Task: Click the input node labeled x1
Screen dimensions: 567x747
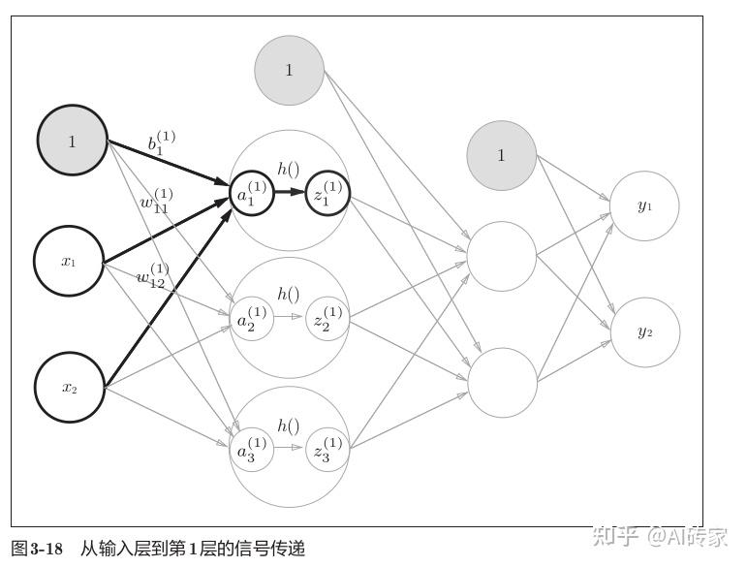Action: click(69, 262)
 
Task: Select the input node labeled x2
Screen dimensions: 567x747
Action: click(69, 388)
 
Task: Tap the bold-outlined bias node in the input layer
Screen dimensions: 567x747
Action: click(72, 142)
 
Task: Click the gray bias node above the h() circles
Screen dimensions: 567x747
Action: click(289, 70)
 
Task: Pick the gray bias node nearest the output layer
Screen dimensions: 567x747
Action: click(501, 155)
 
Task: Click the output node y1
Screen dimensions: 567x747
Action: click(644, 205)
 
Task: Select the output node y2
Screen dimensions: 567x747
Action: click(644, 331)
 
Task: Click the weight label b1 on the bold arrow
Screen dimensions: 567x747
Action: click(160, 143)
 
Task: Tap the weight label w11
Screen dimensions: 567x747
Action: click(155, 204)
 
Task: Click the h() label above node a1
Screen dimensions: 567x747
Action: click(288, 169)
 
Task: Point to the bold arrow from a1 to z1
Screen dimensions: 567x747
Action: click(289, 192)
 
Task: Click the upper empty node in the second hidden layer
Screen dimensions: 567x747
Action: click(501, 256)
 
